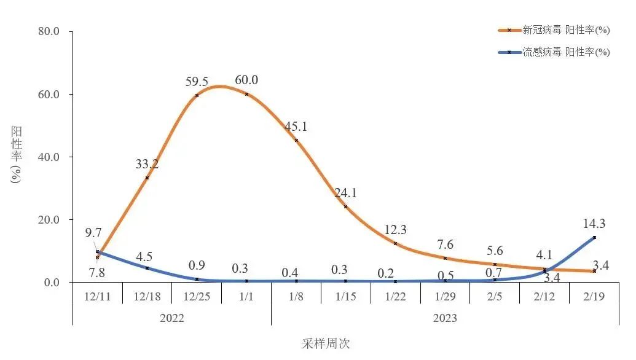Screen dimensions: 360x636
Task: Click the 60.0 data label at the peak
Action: pos(246,80)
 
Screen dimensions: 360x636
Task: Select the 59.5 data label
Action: pos(197,81)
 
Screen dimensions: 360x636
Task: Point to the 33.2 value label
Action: pos(147,164)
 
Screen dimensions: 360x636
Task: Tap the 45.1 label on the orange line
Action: pos(296,127)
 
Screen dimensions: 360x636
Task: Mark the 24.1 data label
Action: pos(346,193)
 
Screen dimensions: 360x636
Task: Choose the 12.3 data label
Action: pos(396,230)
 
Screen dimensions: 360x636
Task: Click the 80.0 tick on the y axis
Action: pos(52,31)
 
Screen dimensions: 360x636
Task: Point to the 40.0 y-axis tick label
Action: pos(52,157)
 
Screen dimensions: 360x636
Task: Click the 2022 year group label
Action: pos(171,318)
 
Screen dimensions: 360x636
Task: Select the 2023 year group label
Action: pos(445,318)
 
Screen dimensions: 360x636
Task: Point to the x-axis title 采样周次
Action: pos(326,343)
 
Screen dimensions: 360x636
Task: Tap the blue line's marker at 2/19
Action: pos(594,237)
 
